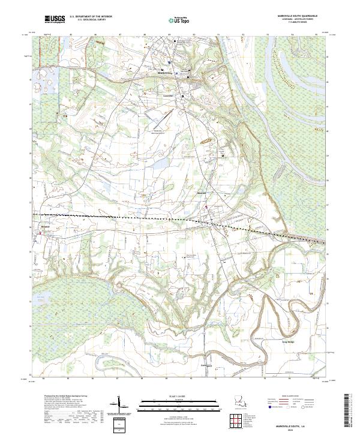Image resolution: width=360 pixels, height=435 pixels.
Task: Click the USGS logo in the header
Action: tap(55, 20)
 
